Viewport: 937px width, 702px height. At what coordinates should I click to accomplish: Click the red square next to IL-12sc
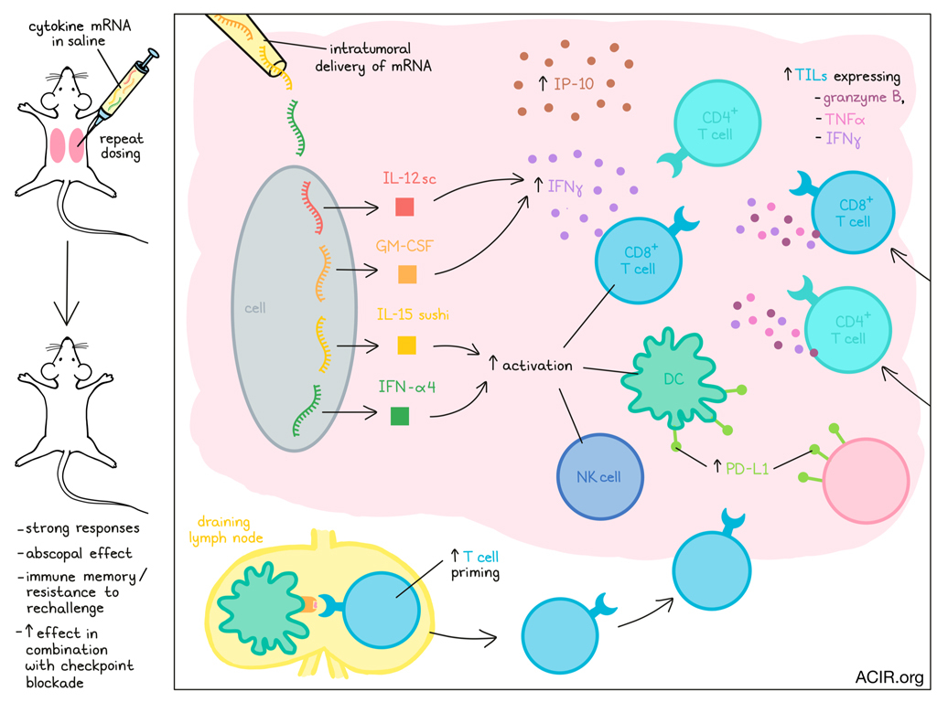pyautogui.click(x=404, y=207)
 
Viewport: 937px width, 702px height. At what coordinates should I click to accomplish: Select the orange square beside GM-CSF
pyautogui.click(x=408, y=274)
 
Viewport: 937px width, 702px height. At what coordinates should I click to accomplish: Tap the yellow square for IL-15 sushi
pyautogui.click(x=406, y=345)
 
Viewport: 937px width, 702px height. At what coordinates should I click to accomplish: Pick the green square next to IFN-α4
pyautogui.click(x=399, y=416)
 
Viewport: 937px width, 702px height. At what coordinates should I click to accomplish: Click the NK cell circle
pyautogui.click(x=599, y=476)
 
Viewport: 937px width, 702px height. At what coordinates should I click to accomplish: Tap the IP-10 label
pyautogui.click(x=571, y=86)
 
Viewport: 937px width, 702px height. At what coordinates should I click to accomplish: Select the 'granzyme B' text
pyautogui.click(x=865, y=99)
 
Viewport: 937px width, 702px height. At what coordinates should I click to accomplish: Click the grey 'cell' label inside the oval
pyautogui.click(x=254, y=308)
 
